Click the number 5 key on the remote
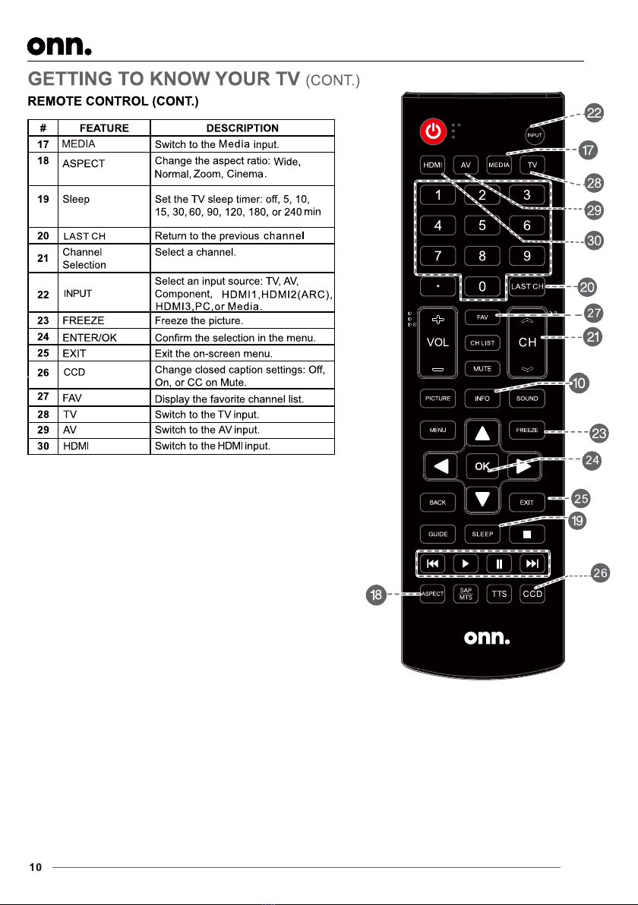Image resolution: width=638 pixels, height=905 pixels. pyautogui.click(x=482, y=225)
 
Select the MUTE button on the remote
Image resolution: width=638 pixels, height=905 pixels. pyautogui.click(x=482, y=369)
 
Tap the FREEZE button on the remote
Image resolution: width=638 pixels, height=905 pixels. pyautogui.click(x=527, y=430)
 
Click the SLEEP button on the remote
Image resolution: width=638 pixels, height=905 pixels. pyautogui.click(x=482, y=534)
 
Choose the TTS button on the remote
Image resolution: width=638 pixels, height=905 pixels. pyautogui.click(x=499, y=594)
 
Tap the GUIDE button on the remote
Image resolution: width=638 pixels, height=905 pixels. pyautogui.click(x=437, y=534)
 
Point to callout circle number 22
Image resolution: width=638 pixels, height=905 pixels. pyautogui.click(x=595, y=115)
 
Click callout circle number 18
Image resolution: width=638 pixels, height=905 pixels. pyautogui.click(x=375, y=595)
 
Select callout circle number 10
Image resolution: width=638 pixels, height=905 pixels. pyautogui.click(x=580, y=384)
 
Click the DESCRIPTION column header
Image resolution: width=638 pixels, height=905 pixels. pyautogui.click(x=242, y=128)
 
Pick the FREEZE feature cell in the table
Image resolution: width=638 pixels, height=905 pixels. pyautogui.click(x=84, y=321)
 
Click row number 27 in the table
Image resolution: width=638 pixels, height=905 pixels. pyautogui.click(x=44, y=398)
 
